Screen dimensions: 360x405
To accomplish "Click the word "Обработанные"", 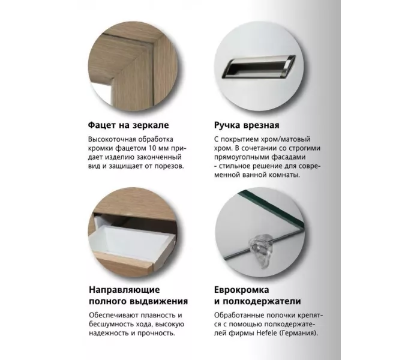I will (238, 315).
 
